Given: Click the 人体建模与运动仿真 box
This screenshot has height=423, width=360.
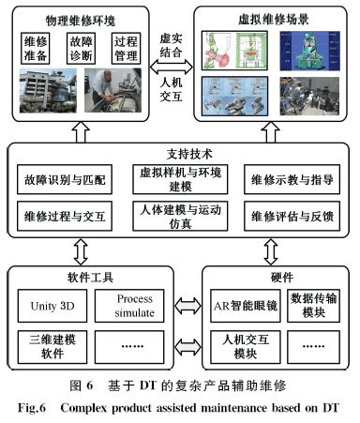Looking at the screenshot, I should pyautogui.click(x=181, y=218).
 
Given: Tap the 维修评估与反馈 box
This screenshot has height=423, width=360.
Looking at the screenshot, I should pyautogui.click(x=294, y=218).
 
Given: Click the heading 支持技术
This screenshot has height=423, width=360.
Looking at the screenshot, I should pyautogui.click(x=180, y=153).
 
